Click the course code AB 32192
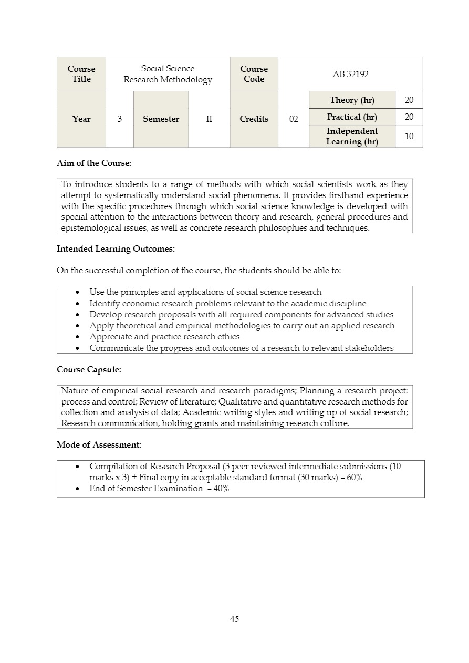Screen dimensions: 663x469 [350, 75]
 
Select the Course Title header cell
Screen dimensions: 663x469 [81, 74]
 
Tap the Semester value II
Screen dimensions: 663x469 [209, 119]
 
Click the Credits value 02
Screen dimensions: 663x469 [294, 119]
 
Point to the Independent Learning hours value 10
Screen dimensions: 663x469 [409, 137]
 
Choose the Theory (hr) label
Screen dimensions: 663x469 [352, 100]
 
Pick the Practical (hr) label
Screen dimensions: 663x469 [352, 117]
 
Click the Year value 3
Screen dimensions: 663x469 [120, 119]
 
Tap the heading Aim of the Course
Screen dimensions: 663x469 [94, 163]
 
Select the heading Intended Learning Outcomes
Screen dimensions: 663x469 [116, 248]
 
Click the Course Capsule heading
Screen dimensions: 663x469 [89, 370]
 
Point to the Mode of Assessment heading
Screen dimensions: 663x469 [99, 445]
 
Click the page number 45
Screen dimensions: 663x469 [234, 619]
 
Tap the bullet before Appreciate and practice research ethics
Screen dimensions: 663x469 [78, 337]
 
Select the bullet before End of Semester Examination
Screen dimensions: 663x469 [78, 489]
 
